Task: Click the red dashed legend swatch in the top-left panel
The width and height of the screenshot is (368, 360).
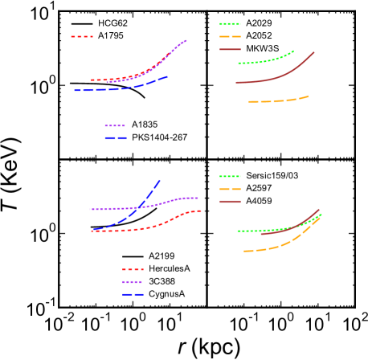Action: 81,37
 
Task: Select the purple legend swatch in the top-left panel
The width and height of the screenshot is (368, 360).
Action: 115,126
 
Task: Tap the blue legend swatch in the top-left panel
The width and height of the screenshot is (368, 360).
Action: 115,138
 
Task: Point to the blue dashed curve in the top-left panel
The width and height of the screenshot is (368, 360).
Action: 121,88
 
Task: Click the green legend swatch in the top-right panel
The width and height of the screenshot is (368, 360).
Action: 230,24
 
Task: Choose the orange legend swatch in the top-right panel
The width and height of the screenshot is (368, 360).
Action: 230,37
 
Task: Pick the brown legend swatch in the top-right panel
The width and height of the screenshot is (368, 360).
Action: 230,50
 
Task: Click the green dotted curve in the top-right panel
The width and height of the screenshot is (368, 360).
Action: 265,60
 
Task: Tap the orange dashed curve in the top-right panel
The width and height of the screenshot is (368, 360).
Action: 277,100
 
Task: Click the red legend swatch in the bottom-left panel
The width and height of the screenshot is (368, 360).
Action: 133,270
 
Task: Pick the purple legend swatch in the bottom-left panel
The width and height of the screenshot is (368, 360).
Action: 133,282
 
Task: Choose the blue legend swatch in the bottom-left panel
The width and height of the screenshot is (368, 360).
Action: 133,295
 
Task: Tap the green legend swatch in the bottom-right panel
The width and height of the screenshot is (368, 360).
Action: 230,177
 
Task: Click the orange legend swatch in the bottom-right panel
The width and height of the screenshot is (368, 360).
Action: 230,190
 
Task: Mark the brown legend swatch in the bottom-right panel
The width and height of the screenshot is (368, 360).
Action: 230,202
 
